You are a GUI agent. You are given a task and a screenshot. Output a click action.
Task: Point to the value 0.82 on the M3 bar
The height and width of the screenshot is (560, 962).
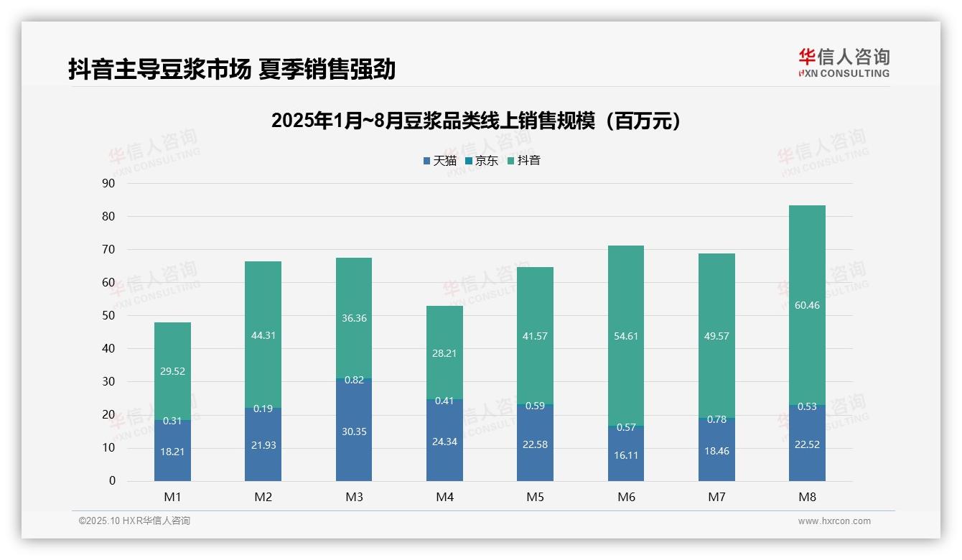(x=354, y=381)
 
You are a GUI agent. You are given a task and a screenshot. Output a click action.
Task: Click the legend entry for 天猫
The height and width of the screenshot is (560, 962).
(x=439, y=161)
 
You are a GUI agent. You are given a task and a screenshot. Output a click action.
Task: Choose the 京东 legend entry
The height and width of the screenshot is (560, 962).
(x=482, y=161)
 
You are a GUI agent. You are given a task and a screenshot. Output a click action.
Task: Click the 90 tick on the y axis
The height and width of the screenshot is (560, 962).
(x=108, y=183)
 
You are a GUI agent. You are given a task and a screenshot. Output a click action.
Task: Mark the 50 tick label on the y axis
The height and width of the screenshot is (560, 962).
(x=108, y=316)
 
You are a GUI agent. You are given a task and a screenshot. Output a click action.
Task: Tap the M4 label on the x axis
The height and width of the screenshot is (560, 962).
(x=444, y=497)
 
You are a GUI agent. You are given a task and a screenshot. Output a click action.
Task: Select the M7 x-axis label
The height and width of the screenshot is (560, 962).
(x=716, y=497)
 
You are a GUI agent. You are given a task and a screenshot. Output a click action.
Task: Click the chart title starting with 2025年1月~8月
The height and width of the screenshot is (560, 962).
(x=475, y=121)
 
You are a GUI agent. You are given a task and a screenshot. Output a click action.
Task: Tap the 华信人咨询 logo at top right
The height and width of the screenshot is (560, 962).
(x=844, y=62)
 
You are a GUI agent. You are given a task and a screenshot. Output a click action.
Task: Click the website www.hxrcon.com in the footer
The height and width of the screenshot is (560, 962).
(x=834, y=521)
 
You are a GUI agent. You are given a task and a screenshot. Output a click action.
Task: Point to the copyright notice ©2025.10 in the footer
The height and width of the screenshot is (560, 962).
(x=134, y=521)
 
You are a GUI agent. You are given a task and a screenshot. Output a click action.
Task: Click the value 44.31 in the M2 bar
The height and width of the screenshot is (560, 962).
(x=263, y=335)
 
